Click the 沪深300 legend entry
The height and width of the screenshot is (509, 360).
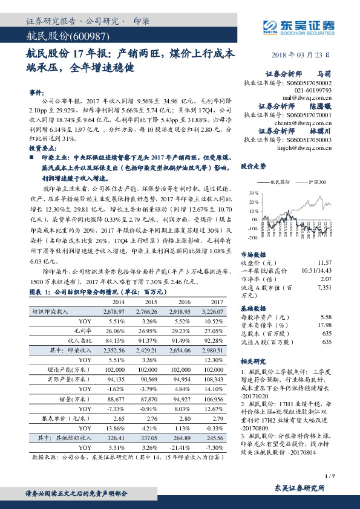pyautogui.click(x=317, y=182)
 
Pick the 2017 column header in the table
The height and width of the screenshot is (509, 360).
pyautogui.click(x=214, y=301)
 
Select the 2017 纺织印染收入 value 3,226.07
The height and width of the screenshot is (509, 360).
pyautogui.click(x=211, y=311)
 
